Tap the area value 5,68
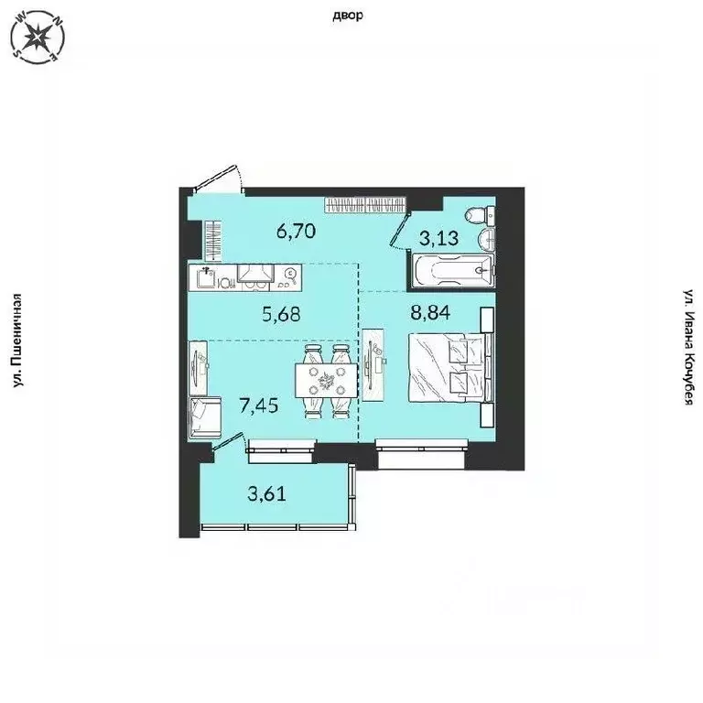click(x=282, y=314)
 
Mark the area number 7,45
click(x=258, y=406)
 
